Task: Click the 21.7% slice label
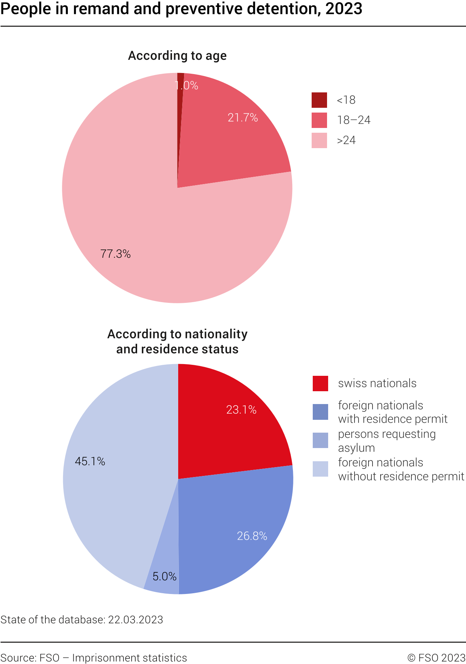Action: [243, 118]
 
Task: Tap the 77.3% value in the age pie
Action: [115, 254]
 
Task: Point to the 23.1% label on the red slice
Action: [241, 410]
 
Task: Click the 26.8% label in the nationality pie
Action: [252, 536]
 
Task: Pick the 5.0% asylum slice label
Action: [164, 576]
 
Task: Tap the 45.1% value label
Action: [90, 461]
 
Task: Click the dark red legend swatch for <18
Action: [319, 100]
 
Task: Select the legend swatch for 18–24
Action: [319, 120]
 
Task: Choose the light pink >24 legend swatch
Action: [319, 140]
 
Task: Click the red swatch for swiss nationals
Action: [320, 384]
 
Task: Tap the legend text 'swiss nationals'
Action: [377, 384]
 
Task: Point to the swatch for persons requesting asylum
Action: [320, 440]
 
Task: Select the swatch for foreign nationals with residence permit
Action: [320, 412]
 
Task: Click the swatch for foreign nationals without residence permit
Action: [320, 469]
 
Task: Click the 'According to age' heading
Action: [177, 56]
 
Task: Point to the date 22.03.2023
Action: [135, 620]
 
